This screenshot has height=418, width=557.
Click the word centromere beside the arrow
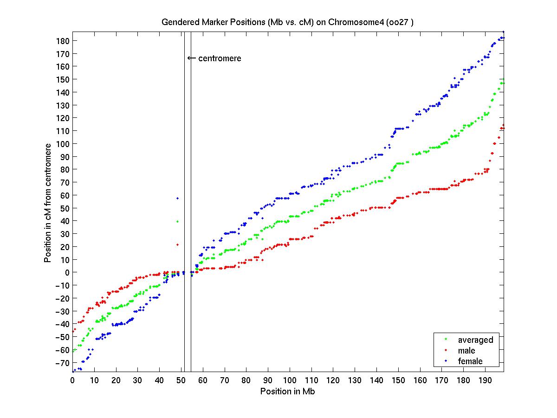[x=220, y=58]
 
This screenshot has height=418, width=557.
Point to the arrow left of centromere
[x=191, y=58]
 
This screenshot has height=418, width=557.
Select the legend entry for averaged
[x=475, y=340]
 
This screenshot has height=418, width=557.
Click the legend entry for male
[x=466, y=351]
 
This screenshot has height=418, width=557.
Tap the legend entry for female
[x=470, y=361]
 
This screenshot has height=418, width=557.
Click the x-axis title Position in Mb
[x=288, y=391]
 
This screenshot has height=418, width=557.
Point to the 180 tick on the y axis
[x=64, y=41]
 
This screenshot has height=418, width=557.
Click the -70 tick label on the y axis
[x=63, y=363]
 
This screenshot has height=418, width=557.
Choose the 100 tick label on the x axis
[x=290, y=380]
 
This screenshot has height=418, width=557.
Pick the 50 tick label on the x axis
[x=181, y=380]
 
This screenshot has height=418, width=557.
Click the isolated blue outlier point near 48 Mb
[x=177, y=198]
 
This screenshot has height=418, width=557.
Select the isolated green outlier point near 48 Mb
[x=177, y=221]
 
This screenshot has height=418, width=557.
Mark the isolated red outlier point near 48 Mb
[x=177, y=244]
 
